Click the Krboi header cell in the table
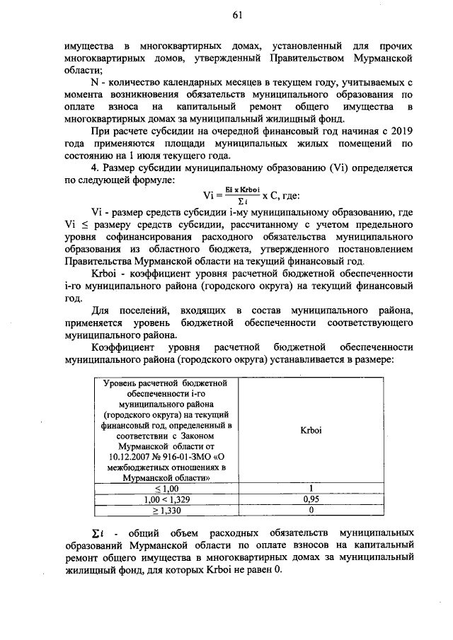point(311,429)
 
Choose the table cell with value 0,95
point(311,499)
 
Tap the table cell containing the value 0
point(311,509)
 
